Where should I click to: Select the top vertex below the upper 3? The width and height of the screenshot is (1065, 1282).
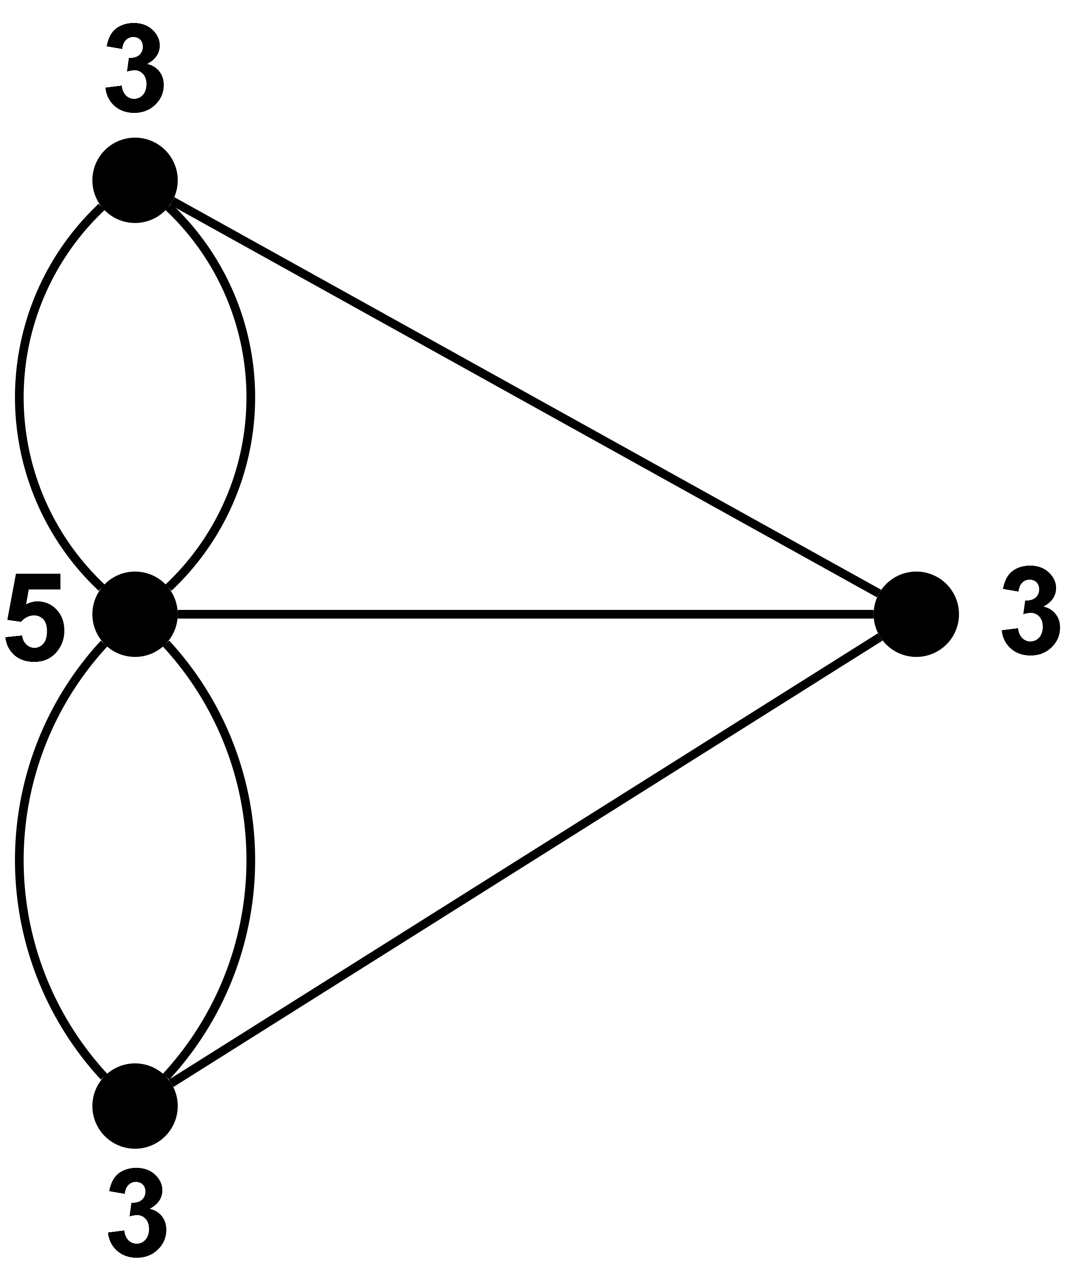coord(135,180)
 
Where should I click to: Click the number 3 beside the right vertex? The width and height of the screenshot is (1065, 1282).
coord(1031,610)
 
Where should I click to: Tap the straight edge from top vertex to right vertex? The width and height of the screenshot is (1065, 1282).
coord(527,396)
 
